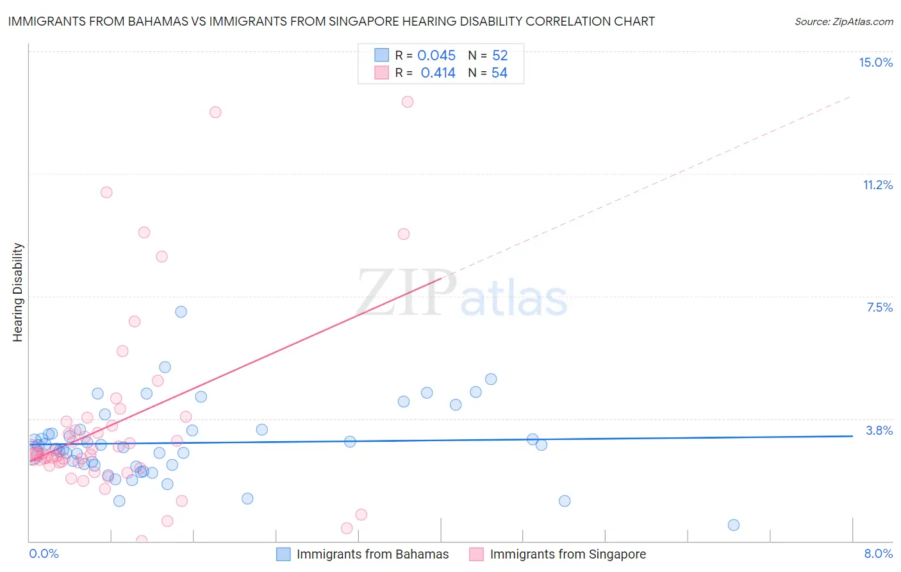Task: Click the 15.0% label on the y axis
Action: tap(875, 62)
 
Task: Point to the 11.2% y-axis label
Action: tap(877, 185)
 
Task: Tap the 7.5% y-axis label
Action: tap(879, 307)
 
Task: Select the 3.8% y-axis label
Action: tap(879, 430)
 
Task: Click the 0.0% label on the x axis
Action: tap(44, 553)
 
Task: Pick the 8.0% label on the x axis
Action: tap(878, 553)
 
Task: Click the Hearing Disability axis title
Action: tap(18, 292)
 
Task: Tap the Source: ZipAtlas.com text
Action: tap(843, 21)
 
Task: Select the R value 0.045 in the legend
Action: tap(436, 56)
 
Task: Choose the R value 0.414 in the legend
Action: tap(438, 73)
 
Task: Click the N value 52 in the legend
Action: tap(500, 56)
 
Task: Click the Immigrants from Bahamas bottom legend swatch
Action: tap(283, 554)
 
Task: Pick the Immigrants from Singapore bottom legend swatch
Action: tap(476, 554)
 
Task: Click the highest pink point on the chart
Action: tap(408, 102)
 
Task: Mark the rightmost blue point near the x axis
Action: tap(734, 525)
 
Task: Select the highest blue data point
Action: tap(181, 312)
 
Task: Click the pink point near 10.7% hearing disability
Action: tap(106, 192)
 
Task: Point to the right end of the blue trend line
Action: tap(852, 436)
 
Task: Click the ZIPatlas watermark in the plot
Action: tap(461, 293)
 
